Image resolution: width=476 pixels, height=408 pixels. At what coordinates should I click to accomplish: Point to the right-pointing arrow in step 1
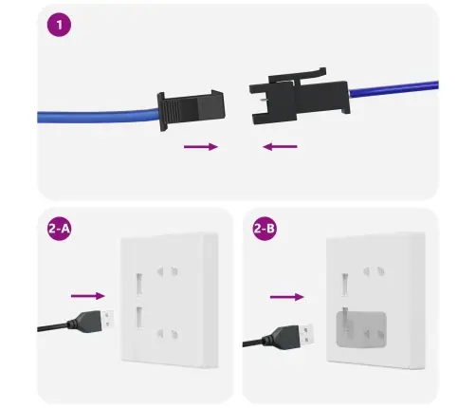(198, 147)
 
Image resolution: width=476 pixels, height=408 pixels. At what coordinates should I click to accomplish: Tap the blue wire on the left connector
(95, 117)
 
